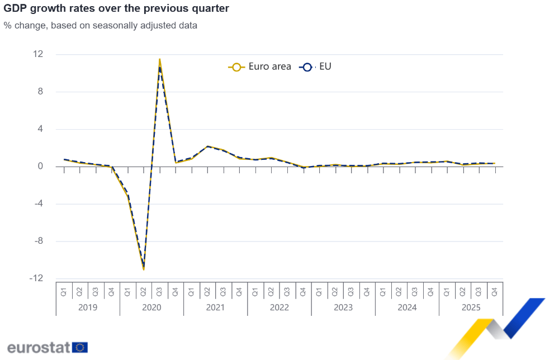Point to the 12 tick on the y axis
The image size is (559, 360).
(x=38, y=54)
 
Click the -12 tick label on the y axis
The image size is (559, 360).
(x=36, y=278)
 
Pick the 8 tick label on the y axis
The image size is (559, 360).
(x=40, y=92)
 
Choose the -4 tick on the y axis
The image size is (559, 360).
(x=38, y=203)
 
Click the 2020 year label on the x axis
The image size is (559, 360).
(x=151, y=307)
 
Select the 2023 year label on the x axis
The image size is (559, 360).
(x=343, y=307)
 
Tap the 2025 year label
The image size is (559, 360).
(x=471, y=307)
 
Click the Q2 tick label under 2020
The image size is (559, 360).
(x=144, y=291)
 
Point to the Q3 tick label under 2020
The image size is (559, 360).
(x=160, y=291)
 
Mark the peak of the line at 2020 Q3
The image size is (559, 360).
(x=160, y=59)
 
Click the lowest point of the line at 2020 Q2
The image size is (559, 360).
(x=144, y=269)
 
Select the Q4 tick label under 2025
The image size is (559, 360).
(x=495, y=291)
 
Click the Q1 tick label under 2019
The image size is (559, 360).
(x=64, y=291)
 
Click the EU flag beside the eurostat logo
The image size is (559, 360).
(x=80, y=347)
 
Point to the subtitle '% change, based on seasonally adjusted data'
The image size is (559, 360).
(x=100, y=25)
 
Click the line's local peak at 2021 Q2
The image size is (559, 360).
(x=207, y=146)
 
